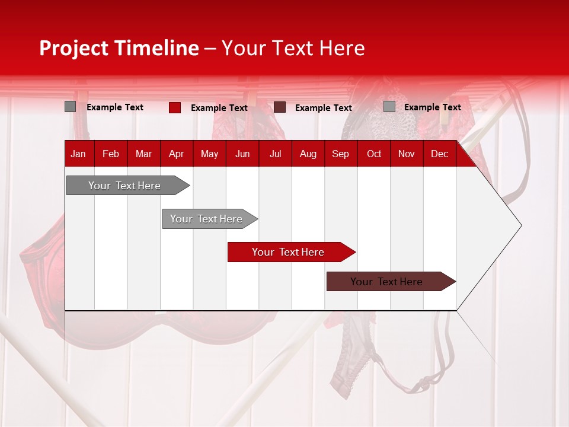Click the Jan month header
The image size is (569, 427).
click(x=78, y=154)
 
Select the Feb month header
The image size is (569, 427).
click(x=111, y=154)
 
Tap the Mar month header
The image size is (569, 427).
click(x=143, y=154)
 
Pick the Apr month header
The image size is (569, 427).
click(x=177, y=154)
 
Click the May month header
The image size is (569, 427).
click(x=209, y=154)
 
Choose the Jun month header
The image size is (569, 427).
click(x=242, y=154)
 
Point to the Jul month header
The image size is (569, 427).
click(x=275, y=154)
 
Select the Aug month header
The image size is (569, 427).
click(x=308, y=154)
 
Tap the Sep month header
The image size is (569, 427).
click(x=341, y=154)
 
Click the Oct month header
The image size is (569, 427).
click(x=374, y=154)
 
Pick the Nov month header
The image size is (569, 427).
click(x=407, y=154)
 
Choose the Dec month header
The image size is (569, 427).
click(x=440, y=154)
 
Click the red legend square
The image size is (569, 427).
click(x=175, y=107)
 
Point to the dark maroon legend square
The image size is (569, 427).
click(x=280, y=107)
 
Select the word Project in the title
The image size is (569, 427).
click(x=74, y=48)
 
